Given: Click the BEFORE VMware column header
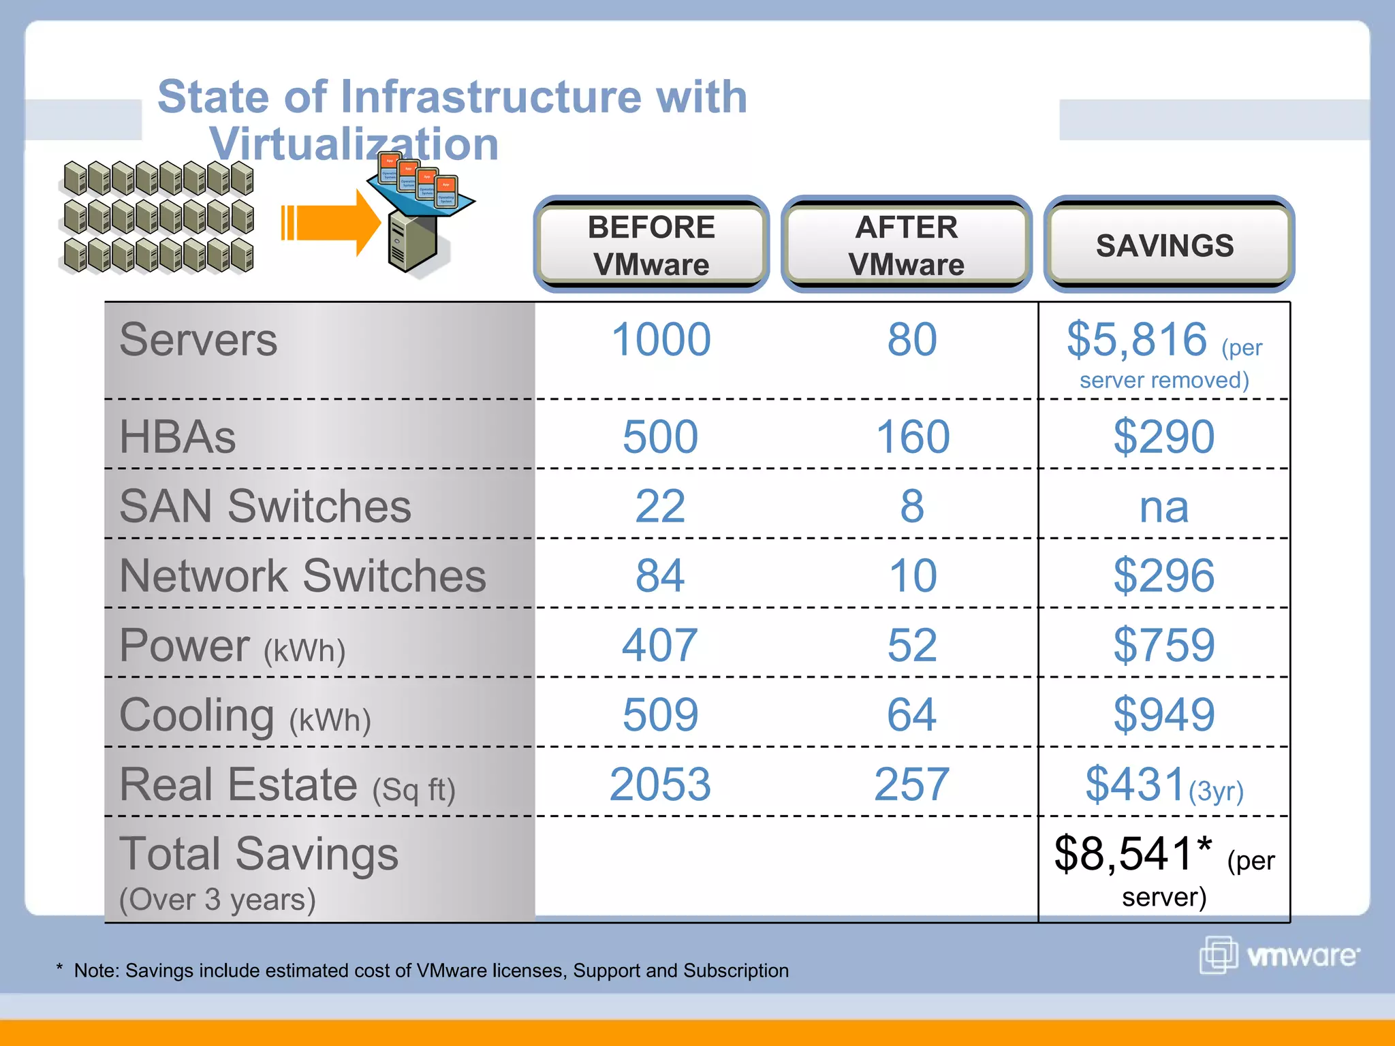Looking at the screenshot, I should tap(651, 245).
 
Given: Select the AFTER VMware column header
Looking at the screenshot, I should tap(906, 245).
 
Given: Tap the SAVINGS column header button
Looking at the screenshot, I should tap(1165, 245).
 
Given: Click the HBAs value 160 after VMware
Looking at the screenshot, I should tap(912, 437).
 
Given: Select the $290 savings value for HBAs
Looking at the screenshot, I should tap(1163, 437).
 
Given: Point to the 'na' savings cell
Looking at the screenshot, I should tap(1163, 507).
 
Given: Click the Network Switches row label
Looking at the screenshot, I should tap(302, 576).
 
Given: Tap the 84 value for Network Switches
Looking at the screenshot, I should tap(659, 576).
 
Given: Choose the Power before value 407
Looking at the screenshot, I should tap(659, 646).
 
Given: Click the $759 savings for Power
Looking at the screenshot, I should tap(1163, 646).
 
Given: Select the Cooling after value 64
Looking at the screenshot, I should tap(911, 715).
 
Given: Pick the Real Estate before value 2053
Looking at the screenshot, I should tap(659, 784).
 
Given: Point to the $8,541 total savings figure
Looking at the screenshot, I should tap(1124, 854).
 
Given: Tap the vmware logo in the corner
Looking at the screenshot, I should tap(1279, 955).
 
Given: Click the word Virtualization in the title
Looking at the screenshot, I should tap(354, 144).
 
